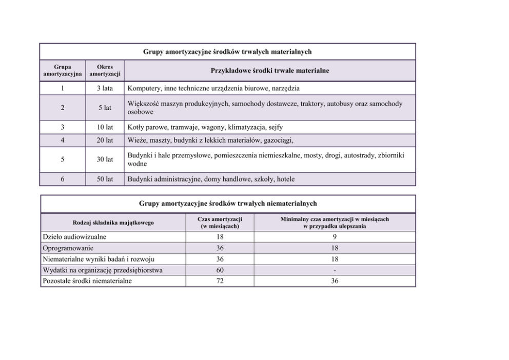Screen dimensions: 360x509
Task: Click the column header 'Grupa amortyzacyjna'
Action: [62, 70]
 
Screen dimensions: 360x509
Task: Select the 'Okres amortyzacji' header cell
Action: [105, 70]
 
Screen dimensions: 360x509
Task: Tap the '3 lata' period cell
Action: [105, 88]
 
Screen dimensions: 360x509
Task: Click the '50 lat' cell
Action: [105, 179]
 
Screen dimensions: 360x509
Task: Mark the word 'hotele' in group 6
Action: [285, 179]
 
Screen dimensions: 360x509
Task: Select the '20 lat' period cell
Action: [105, 140]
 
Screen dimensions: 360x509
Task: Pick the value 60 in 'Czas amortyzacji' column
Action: [220, 270]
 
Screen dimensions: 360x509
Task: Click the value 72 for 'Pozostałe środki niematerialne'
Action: [220, 281]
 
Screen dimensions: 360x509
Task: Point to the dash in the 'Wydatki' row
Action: [335, 270]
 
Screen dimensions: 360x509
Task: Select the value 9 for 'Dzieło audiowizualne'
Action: [335, 237]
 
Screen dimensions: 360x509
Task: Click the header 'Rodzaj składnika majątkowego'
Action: [113, 223]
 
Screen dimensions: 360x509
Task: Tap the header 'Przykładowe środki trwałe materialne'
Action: [270, 70]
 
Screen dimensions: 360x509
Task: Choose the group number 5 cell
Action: [62, 159]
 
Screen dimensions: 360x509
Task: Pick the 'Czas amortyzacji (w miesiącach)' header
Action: [220, 223]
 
